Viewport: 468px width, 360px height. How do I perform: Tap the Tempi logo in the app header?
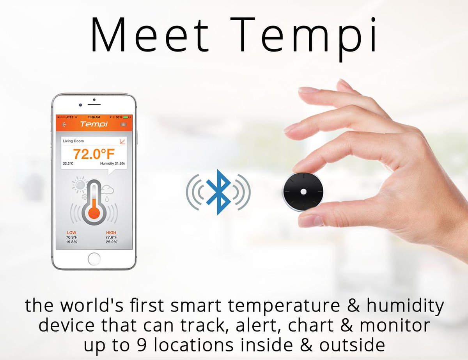pos(94,124)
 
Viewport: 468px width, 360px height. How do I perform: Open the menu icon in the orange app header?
pos(124,124)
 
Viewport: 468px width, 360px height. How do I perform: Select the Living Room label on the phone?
pos(73,141)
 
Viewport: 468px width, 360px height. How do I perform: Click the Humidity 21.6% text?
pos(112,163)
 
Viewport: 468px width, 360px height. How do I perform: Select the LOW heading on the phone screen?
pos(72,232)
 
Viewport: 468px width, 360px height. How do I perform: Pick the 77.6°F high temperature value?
pos(111,237)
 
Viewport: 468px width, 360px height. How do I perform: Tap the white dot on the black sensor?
pos(303,192)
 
